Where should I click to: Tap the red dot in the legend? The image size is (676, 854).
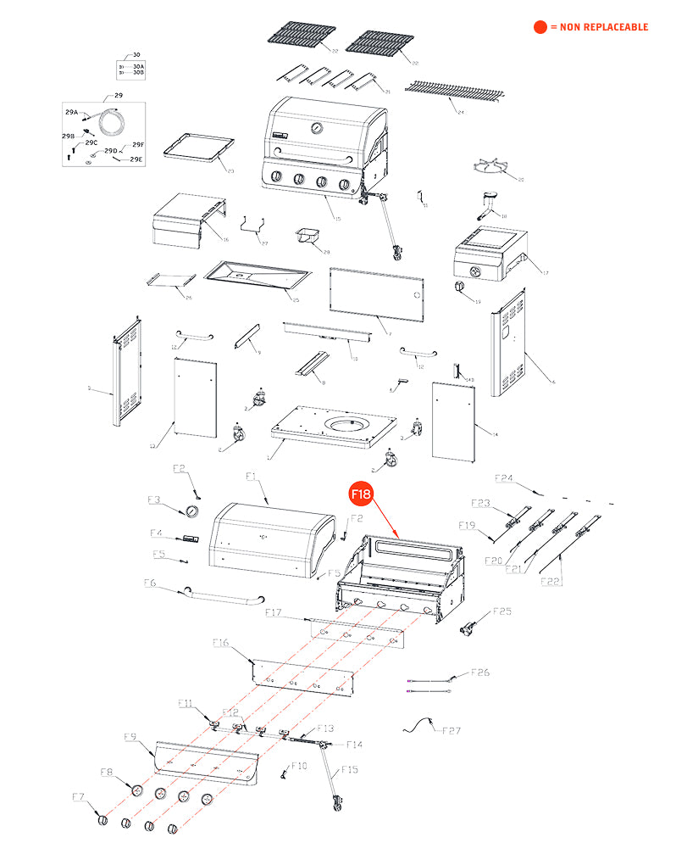[540, 27]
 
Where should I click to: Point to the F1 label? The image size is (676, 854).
[251, 477]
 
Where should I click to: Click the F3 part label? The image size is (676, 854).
[154, 500]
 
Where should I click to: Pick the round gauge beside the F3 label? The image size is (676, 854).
[191, 511]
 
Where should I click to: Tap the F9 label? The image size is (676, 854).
[130, 736]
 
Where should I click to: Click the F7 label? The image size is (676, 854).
[78, 797]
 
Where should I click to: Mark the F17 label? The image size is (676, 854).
[273, 612]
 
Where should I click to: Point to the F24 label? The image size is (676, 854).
[504, 478]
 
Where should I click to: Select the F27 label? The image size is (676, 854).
[452, 730]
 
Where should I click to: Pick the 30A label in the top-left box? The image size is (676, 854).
[138, 65]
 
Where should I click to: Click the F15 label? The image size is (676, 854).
[349, 770]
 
